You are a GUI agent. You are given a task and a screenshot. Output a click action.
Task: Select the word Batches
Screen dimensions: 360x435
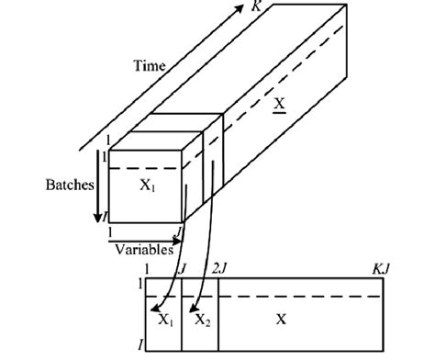coord(70,185)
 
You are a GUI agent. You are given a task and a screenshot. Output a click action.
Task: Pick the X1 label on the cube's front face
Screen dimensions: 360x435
coord(148,186)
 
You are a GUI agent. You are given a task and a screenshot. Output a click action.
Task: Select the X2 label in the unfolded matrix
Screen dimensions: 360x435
coord(199,320)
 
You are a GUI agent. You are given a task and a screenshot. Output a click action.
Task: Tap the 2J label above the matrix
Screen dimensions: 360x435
coord(219,266)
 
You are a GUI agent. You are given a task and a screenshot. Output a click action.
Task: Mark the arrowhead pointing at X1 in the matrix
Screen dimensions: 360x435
coord(156,308)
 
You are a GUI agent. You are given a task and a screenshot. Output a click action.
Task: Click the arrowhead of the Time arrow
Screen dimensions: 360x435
coord(247,13)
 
